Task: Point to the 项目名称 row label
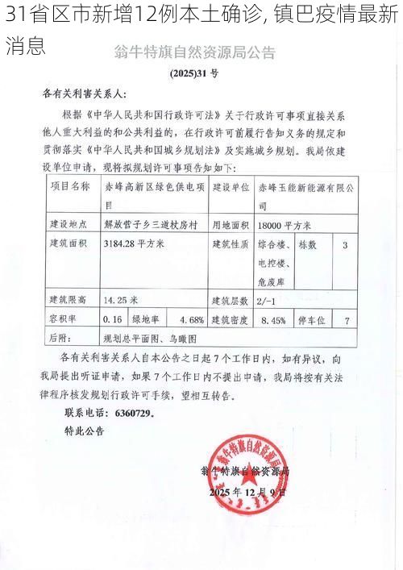70,185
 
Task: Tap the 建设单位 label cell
231,185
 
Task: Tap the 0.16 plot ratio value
113,319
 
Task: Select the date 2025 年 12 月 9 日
247,491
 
